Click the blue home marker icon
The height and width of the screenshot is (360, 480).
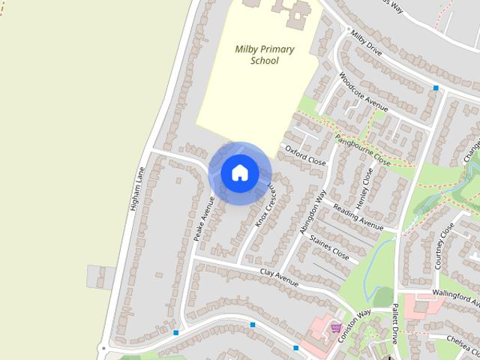tap(239, 172)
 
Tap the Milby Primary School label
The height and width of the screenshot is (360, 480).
tap(264, 55)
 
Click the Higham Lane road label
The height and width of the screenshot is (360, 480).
tap(137, 187)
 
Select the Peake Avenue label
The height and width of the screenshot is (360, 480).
tap(204, 217)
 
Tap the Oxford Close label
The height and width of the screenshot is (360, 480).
tap(305, 155)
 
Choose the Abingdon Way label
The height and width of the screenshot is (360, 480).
tap(313, 213)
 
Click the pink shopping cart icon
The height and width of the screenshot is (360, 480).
tap(335, 327)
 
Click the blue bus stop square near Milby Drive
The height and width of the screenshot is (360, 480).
tap(435, 88)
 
